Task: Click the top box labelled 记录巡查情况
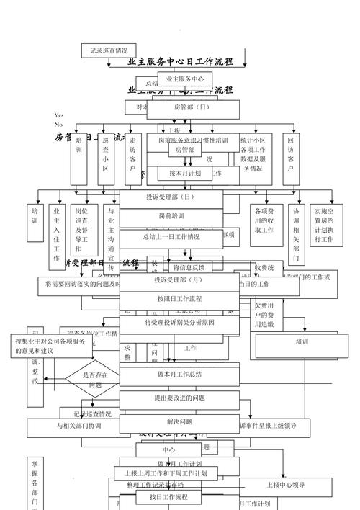click(109, 50)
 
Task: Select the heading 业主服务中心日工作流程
click(180, 62)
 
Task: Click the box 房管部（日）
click(192, 107)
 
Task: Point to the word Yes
click(59, 115)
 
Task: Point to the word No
click(58, 124)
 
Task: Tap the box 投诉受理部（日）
click(170, 197)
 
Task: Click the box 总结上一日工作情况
click(171, 236)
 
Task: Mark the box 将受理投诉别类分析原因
click(179, 323)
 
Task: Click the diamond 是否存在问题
click(95, 380)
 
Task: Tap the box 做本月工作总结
click(179, 375)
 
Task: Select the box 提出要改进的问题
click(179, 398)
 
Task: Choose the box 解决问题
click(179, 421)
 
